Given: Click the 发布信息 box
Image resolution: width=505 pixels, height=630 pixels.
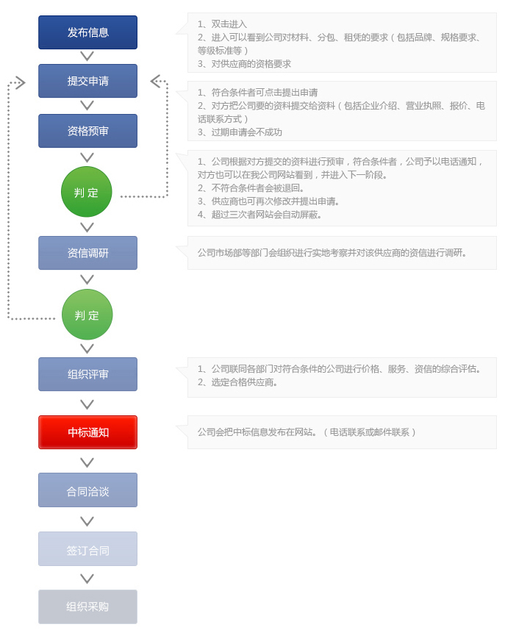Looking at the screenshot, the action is [87, 32].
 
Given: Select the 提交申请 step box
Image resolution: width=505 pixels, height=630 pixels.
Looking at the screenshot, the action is [87, 81].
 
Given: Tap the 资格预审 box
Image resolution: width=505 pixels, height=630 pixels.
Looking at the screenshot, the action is [87, 131].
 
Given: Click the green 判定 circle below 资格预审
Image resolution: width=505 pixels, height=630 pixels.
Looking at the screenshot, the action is [87, 192].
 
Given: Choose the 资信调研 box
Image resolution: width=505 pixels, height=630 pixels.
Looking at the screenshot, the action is [87, 253].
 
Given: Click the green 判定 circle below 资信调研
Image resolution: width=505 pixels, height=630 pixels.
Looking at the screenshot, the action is [87, 315].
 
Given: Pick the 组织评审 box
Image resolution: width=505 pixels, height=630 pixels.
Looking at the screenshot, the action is [87, 374].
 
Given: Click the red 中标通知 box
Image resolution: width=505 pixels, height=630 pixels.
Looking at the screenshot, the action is [87, 432].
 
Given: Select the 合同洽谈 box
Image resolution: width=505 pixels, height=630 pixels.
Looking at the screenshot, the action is [87, 490].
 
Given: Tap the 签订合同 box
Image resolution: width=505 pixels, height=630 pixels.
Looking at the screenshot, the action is [87, 549].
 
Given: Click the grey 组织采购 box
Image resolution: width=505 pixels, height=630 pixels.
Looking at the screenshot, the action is [87, 606].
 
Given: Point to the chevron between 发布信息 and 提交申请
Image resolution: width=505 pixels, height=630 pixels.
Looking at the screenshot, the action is [87, 57].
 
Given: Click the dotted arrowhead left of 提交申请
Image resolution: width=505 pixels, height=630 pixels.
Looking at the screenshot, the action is [21, 83].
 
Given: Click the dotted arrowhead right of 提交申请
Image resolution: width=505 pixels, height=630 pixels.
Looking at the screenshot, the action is [156, 81].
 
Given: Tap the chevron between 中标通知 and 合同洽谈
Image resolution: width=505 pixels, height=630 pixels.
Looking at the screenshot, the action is [87, 462].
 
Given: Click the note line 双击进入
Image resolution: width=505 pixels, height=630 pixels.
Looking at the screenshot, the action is [222, 24].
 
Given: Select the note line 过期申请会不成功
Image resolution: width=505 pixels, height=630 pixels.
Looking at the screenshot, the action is [240, 132].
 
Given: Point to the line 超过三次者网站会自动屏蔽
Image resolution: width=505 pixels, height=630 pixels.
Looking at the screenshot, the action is [259, 215].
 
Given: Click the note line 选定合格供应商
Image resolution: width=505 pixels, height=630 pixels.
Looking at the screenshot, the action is [237, 382].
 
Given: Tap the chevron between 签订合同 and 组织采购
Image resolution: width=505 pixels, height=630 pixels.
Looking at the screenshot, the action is [87, 579].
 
